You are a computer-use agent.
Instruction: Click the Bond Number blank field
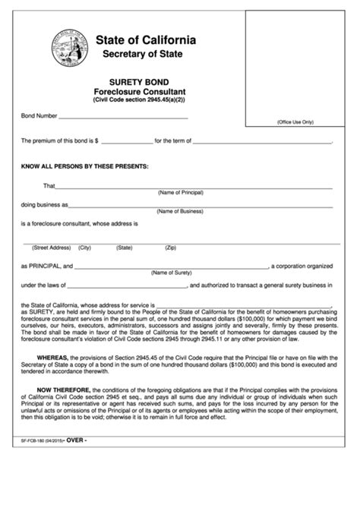coord(123,116)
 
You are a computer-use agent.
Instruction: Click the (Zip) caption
coord(171,248)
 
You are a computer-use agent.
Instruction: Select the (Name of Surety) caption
coord(171,272)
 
